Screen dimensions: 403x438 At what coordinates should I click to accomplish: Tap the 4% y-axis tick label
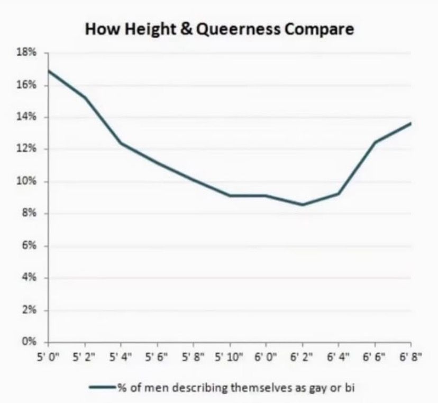click(x=31, y=278)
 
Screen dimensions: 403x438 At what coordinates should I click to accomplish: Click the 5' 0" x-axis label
click(x=48, y=356)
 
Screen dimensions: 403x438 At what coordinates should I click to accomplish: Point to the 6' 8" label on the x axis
click(x=410, y=356)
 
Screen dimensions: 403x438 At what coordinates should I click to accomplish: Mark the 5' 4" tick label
click(x=121, y=356)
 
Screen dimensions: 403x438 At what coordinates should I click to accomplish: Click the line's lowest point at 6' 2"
click(x=303, y=205)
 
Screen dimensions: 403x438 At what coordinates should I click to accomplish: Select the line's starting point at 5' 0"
click(x=49, y=70)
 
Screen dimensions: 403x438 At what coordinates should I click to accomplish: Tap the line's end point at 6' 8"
click(x=410, y=123)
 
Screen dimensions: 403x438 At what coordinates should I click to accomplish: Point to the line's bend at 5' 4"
click(x=121, y=143)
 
